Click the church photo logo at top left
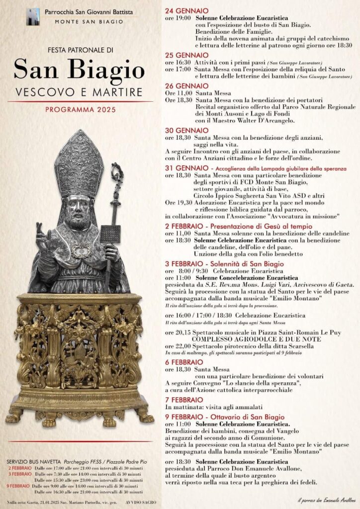coord(33,16)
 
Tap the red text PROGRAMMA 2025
coord(80,109)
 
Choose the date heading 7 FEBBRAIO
coord(184,399)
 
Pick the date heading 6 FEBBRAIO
coord(184,362)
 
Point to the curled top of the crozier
coord(116,174)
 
